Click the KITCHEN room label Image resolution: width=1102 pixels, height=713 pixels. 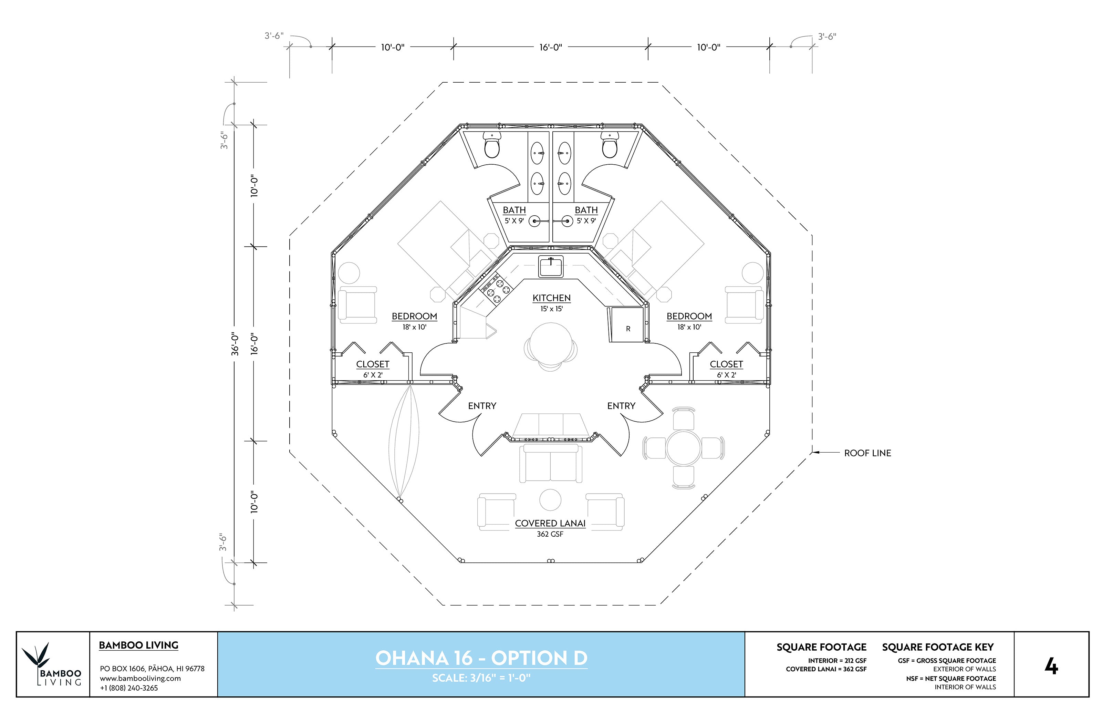[x=551, y=298]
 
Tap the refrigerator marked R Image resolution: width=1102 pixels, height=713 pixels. [x=627, y=326]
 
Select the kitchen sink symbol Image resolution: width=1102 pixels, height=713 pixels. [x=550, y=267]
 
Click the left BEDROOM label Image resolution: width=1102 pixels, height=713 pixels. [x=414, y=316]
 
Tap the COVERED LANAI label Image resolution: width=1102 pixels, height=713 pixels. [x=550, y=523]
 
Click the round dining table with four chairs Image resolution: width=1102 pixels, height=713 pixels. [x=683, y=448]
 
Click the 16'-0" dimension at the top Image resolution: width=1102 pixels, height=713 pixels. [x=550, y=47]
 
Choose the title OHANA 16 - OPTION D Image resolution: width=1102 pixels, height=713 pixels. [x=481, y=658]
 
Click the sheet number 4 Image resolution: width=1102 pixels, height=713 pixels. [x=1051, y=666]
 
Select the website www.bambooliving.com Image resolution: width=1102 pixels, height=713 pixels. [x=140, y=678]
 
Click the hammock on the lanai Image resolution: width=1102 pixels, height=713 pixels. [x=404, y=442]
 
